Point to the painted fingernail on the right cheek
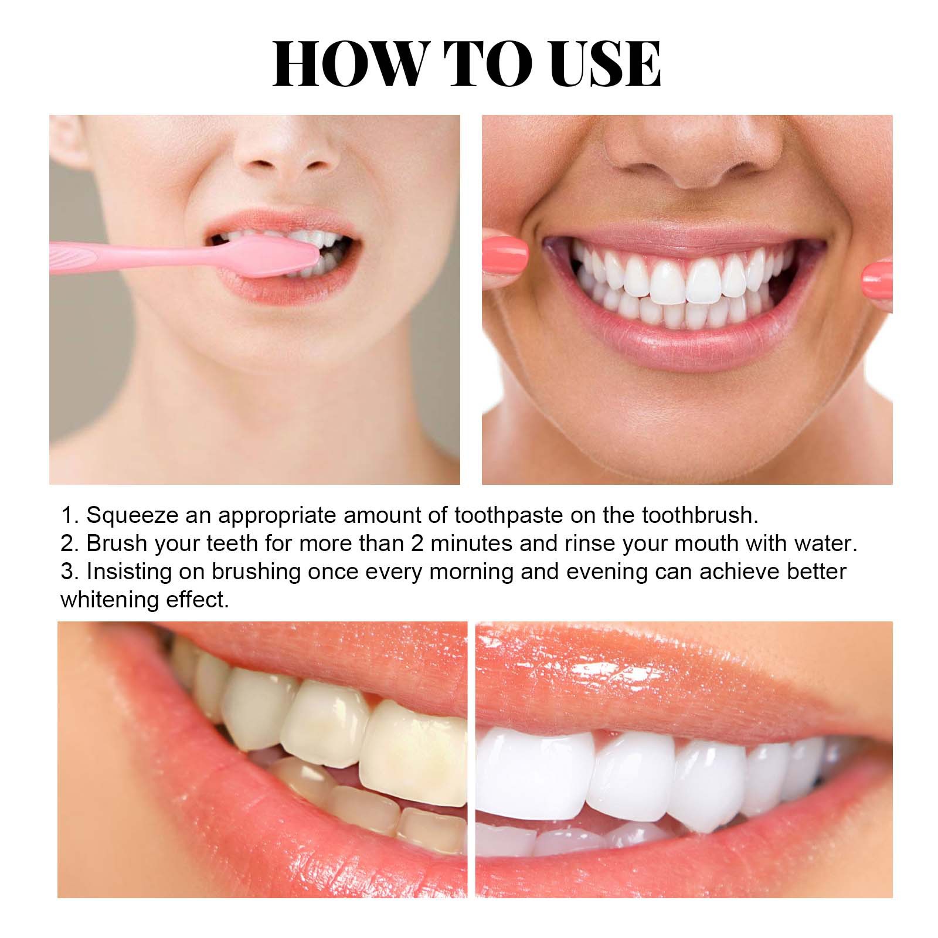coord(878,278)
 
